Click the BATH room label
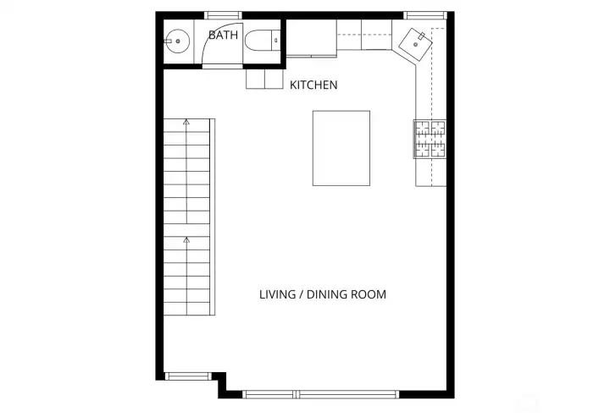tap(224, 35)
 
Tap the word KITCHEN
tap(313, 85)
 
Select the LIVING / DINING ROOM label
tap(323, 295)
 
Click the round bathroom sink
tap(177, 40)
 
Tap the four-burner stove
tap(429, 139)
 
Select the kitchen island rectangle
tap(342, 148)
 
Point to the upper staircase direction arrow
tap(186, 123)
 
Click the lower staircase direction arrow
tap(186, 240)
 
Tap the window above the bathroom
tap(224, 14)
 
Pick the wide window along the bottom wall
tap(321, 393)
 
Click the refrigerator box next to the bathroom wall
tap(310, 41)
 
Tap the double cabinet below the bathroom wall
tap(264, 79)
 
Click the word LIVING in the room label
tap(277, 295)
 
